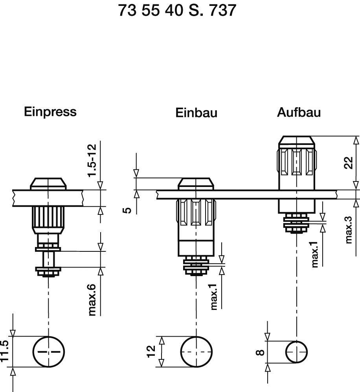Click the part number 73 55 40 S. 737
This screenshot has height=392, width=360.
click(177, 11)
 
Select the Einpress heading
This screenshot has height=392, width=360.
click(50, 112)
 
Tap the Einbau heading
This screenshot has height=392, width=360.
click(196, 113)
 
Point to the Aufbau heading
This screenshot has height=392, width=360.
click(299, 112)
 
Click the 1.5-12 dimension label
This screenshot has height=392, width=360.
click(91, 161)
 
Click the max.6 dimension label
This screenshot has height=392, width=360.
click(92, 300)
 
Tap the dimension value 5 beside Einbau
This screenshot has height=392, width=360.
click(127, 210)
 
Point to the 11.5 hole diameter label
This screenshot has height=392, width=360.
click(5, 352)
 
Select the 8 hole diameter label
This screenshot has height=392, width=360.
click(260, 352)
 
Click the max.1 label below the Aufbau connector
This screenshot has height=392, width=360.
click(314, 255)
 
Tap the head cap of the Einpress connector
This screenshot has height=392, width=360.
click(48, 183)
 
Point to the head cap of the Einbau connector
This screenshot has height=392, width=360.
click(196, 183)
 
